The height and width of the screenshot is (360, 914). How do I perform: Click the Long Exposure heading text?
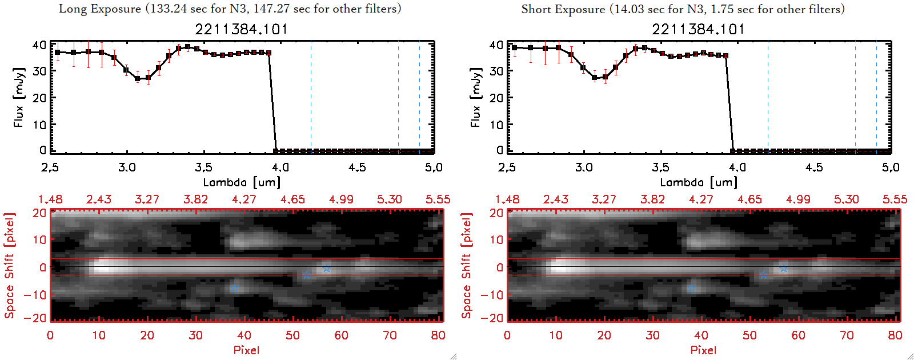pos(230,9)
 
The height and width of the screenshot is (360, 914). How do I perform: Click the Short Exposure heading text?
pos(683,9)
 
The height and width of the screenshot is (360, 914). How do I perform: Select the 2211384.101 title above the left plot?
pos(241,29)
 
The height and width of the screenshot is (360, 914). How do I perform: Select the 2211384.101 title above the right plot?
pos(698,29)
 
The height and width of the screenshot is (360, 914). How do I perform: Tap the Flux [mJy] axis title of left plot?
pos(19,97)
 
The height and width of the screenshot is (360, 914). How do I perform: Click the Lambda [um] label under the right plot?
pos(699,182)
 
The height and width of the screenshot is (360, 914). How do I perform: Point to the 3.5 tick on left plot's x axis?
pos(203,167)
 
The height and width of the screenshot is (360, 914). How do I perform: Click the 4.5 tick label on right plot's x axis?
pos(814,167)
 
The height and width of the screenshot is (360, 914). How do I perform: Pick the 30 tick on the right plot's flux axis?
pos(496,71)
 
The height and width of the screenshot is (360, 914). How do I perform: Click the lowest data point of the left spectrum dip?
pos(138,79)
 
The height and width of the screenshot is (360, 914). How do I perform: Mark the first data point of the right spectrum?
pos(515,47)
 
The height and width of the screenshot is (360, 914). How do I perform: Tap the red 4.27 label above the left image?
pos(244,199)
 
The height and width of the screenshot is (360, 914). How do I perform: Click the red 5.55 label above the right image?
pos(895,199)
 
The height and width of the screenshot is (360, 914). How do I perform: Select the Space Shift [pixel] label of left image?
pos(9,266)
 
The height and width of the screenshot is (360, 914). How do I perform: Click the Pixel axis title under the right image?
pos(703,350)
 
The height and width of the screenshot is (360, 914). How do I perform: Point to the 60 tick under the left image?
pos(341,335)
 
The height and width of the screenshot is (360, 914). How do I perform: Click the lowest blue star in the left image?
pos(234,289)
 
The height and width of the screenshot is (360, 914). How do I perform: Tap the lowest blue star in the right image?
pos(691,289)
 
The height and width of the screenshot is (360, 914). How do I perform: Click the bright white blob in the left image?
pos(106,266)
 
